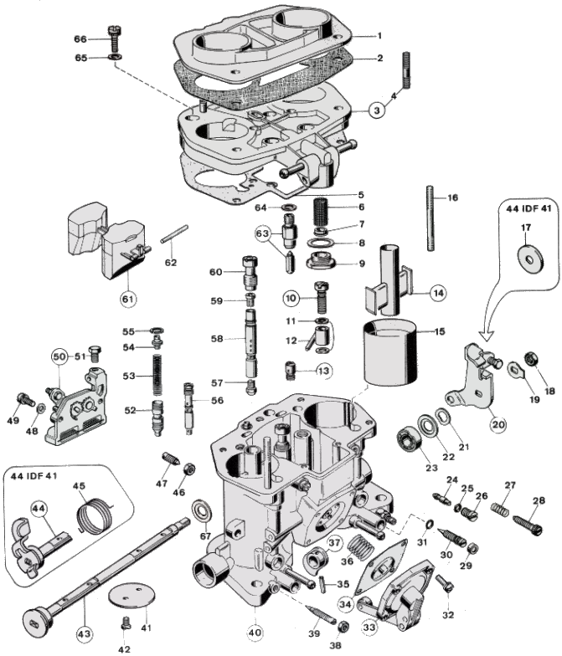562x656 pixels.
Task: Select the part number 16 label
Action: coord(452,198)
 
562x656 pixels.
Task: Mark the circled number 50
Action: coord(59,356)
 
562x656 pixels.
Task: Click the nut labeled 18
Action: coord(529,361)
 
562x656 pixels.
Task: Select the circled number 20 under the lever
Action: coord(498,423)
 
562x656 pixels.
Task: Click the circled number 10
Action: coord(291,297)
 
